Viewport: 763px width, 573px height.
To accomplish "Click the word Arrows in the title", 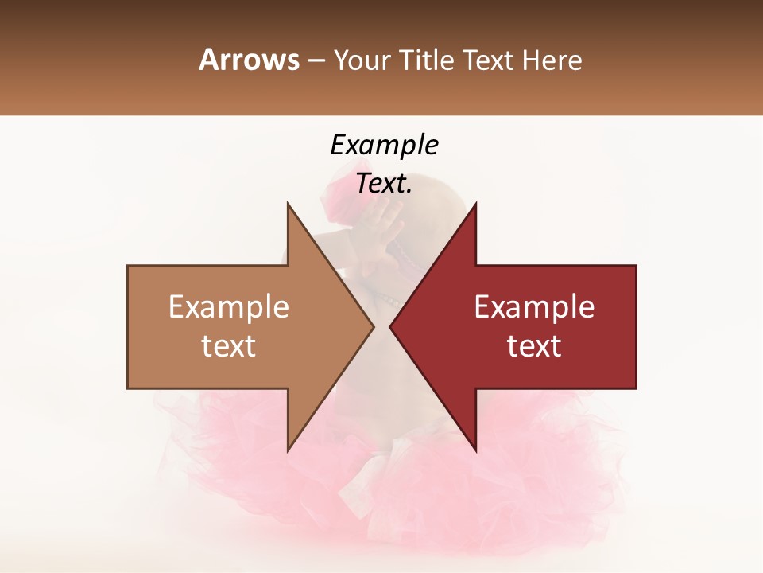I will pyautogui.click(x=249, y=60).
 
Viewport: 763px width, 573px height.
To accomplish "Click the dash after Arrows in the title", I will pyautogui.click(x=316, y=61).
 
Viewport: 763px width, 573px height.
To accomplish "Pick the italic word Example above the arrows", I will pyautogui.click(x=384, y=146).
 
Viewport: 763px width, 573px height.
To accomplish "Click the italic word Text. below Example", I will pyautogui.click(x=384, y=184).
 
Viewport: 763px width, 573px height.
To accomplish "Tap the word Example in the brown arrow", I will pyautogui.click(x=228, y=307).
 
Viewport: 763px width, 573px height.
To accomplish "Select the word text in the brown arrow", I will pyautogui.click(x=228, y=346).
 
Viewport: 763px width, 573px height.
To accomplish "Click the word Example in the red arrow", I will pyautogui.click(x=534, y=307).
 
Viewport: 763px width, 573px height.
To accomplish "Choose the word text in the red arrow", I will pyautogui.click(x=534, y=346).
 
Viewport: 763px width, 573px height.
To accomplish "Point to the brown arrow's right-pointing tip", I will pyautogui.click(x=372, y=326).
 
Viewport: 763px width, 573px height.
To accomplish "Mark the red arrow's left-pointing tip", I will pyautogui.click(x=392, y=326).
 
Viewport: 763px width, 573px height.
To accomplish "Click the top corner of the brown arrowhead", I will pyautogui.click(x=289, y=204).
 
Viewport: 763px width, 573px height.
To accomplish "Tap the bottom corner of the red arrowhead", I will pyautogui.click(x=475, y=450).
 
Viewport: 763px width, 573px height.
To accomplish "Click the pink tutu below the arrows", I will pyautogui.click(x=381, y=485).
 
